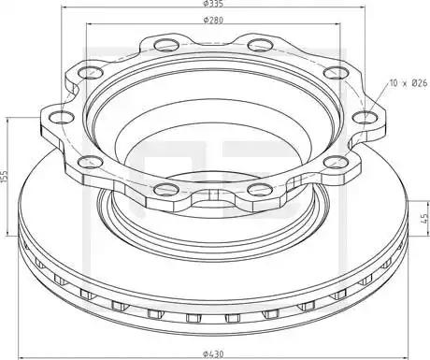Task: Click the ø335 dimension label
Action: [x=213, y=4]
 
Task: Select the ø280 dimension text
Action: [x=213, y=21]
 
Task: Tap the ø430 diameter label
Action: [x=213, y=354]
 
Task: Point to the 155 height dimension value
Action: [x=5, y=177]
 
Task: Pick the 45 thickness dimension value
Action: [x=424, y=218]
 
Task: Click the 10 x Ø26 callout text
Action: [x=408, y=83]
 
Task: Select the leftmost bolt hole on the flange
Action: [x=62, y=118]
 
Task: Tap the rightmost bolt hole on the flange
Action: [x=365, y=118]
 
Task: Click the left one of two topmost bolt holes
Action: [x=166, y=45]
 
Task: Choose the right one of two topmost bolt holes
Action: [x=261, y=45]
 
